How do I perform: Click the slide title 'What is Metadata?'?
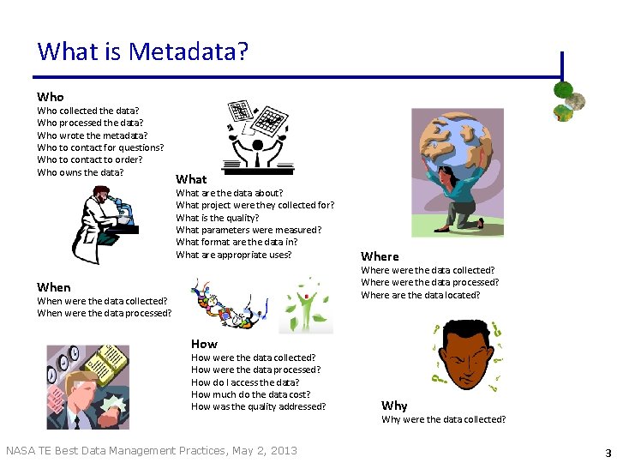pos(142,51)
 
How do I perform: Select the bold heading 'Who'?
pos(50,97)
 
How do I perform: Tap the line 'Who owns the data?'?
pos(80,172)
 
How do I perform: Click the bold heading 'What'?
pos(190,179)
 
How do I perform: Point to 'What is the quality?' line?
pos(217,218)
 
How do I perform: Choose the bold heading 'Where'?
pos(380,256)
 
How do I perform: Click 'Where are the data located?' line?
pos(420,295)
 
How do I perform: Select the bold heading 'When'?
pos(53,287)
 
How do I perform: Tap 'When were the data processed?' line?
pos(104,313)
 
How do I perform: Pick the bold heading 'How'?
pos(204,344)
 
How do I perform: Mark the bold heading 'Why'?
pos(394,406)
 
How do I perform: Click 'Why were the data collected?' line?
pos(443,419)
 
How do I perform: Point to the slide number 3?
pos(608,452)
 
